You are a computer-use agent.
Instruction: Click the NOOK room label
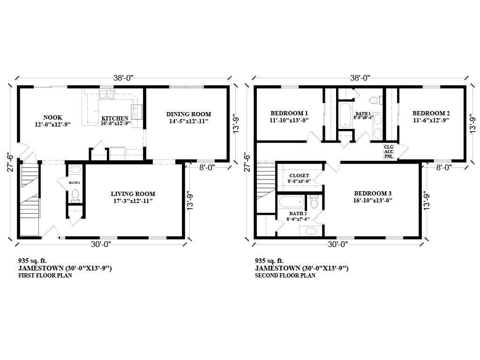[52, 117]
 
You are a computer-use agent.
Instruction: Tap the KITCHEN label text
[115, 118]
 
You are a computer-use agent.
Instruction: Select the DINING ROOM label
[188, 114]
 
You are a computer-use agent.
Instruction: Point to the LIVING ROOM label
[133, 194]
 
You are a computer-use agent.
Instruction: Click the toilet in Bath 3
[75, 194]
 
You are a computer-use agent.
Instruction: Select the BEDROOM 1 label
[289, 113]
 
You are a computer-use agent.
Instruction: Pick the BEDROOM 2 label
[431, 113]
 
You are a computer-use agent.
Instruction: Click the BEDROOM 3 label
[373, 193]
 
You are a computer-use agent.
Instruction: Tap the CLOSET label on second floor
[299, 176]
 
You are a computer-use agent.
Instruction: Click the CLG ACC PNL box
[389, 151]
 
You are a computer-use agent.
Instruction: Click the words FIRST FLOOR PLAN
[45, 276]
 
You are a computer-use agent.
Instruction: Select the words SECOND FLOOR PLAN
[285, 276]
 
